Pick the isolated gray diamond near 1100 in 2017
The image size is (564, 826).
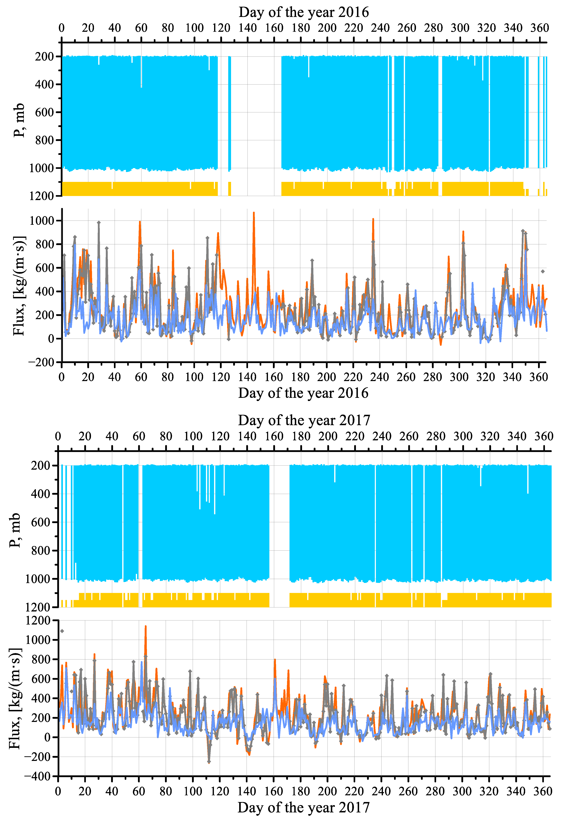point(62,631)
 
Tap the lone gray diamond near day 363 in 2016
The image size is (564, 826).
point(543,271)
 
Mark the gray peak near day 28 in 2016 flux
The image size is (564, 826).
point(99,223)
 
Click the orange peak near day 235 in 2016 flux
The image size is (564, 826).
point(373,219)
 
